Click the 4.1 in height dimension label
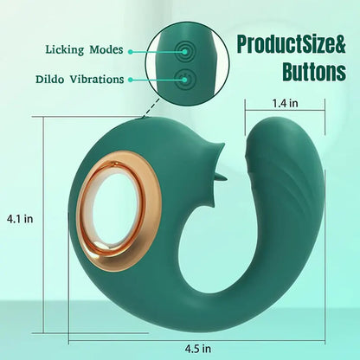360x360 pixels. click(20, 219)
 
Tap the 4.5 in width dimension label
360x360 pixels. click(198, 349)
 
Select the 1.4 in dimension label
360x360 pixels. click(286, 103)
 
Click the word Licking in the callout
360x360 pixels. click(64, 50)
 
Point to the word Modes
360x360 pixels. click(106, 49)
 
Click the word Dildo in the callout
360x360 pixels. click(49, 80)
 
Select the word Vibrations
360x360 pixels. click(97, 80)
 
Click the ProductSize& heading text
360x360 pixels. click(291, 44)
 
